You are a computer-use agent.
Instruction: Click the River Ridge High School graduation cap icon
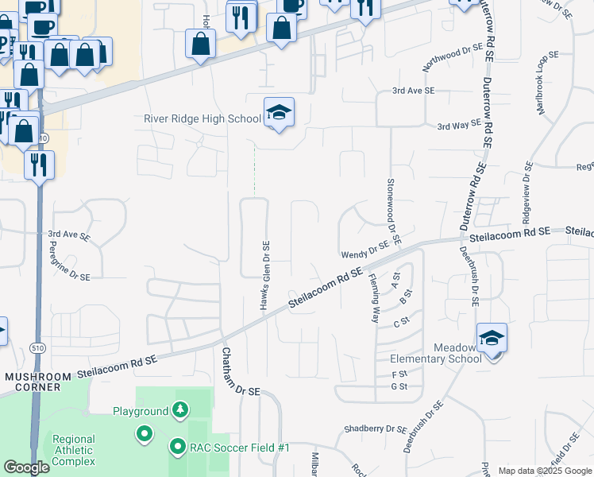[279, 113]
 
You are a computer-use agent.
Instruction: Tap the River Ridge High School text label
[202, 119]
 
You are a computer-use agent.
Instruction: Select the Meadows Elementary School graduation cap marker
[492, 339]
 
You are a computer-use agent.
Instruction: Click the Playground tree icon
[182, 410]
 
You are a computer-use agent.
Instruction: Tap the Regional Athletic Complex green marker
[144, 434]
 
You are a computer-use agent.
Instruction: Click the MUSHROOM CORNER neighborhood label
[33, 381]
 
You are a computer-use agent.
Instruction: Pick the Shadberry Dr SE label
[375, 429]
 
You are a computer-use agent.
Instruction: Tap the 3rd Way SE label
[459, 125]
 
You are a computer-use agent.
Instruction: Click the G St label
[399, 386]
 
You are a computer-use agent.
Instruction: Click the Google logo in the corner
[26, 467]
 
